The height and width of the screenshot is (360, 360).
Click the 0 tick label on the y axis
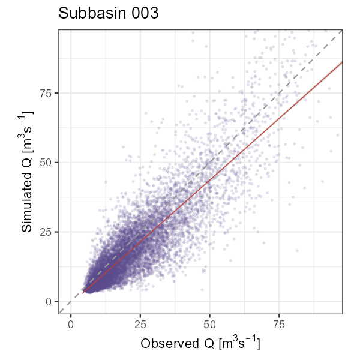coord(49,301)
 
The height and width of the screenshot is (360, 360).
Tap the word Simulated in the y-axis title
coord(26,191)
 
